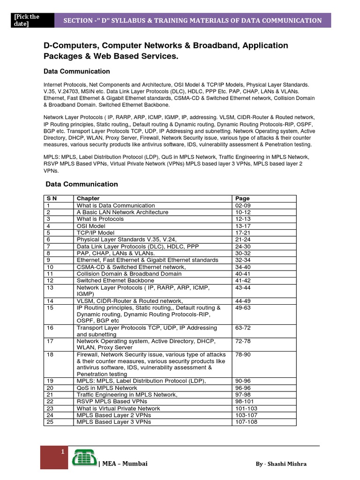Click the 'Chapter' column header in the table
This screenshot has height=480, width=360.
[x=88, y=198]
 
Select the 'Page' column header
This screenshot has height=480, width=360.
[x=242, y=198]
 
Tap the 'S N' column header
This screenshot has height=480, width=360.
[x=51, y=198]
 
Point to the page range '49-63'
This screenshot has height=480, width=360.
[x=243, y=307]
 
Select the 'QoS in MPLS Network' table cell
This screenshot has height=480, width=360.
[x=107, y=388]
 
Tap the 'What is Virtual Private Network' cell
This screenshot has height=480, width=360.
[x=118, y=408]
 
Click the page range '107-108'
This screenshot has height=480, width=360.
[x=246, y=422]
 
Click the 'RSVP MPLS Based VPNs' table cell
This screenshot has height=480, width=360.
[x=112, y=402]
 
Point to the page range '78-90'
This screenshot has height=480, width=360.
[x=243, y=355]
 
